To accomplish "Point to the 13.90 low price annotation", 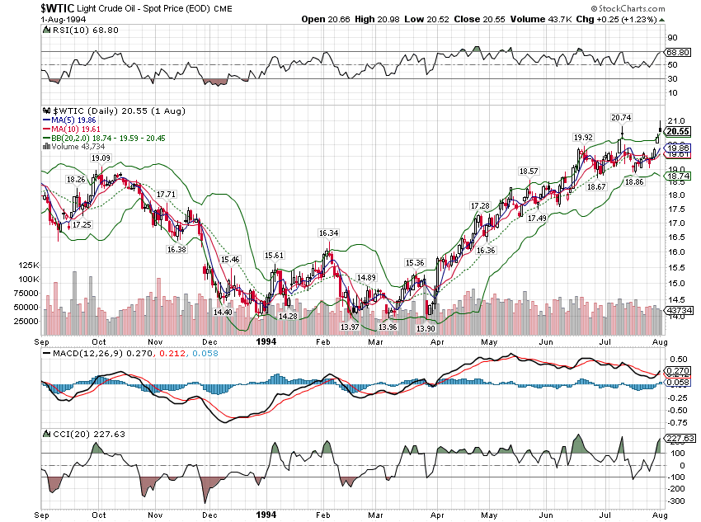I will (x=426, y=328).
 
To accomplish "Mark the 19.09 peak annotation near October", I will (x=101, y=158).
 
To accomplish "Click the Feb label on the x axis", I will (x=322, y=341).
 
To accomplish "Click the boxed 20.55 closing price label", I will (x=678, y=132).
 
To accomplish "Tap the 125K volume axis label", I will (x=29, y=266).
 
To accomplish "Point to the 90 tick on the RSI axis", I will (x=672, y=38).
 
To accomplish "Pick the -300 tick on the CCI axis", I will (x=676, y=501).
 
